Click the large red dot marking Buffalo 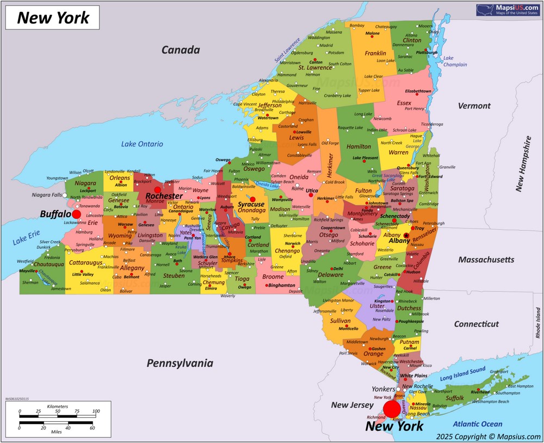tap(76, 214)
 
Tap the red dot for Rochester tap(157, 190)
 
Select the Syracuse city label tap(251, 205)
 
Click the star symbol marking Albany tap(406, 235)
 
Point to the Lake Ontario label tap(142, 144)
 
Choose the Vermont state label tap(474, 106)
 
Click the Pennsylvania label tap(180, 363)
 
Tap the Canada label tap(181, 50)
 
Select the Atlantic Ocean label tap(478, 424)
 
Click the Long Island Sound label tap(463, 374)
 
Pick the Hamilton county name tap(358, 146)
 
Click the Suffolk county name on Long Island tap(455, 398)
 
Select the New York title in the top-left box tap(53, 18)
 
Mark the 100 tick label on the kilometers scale tap(96, 411)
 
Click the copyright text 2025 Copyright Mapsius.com tap(489, 436)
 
